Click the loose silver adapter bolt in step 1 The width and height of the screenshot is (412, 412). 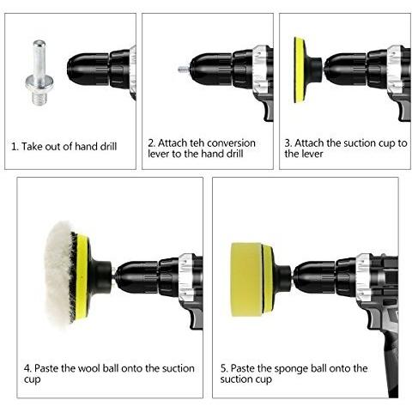(x=39, y=73)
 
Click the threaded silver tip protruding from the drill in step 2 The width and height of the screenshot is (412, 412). (x=184, y=70)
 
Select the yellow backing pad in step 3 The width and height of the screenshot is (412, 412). (x=300, y=70)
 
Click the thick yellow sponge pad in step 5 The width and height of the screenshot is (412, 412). (x=246, y=280)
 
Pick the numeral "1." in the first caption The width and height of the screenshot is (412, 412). (x=15, y=147)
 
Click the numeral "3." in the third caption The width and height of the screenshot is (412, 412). (x=288, y=142)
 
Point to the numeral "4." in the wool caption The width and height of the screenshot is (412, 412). (x=27, y=368)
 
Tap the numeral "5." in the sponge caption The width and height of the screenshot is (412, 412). (x=224, y=368)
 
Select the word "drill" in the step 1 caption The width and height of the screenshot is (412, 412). (x=108, y=147)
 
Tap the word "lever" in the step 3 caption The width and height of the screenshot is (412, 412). (x=312, y=154)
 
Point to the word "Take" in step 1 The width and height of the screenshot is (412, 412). (x=31, y=147)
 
